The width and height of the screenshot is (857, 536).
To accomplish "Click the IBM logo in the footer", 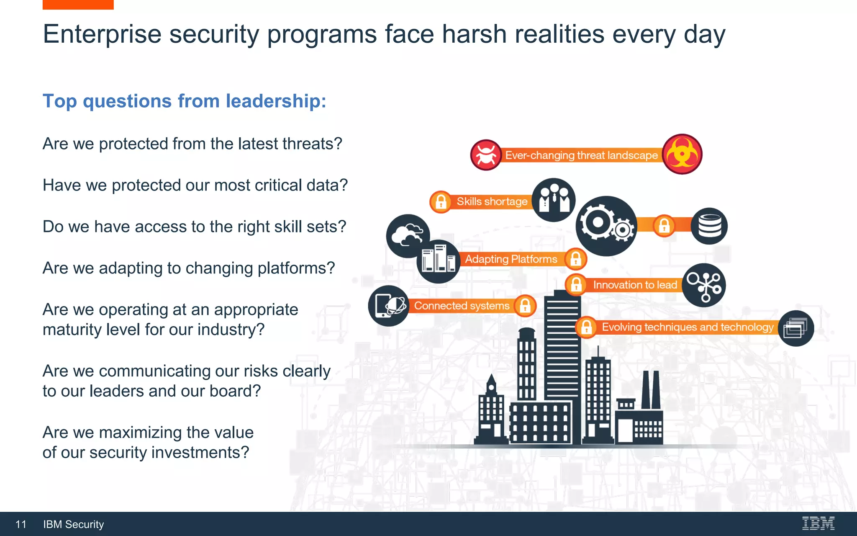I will (x=818, y=523).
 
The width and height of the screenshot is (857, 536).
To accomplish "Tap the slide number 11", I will (x=21, y=524).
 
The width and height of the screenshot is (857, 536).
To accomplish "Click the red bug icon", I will (x=486, y=155).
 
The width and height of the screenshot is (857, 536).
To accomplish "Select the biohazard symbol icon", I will (x=682, y=154).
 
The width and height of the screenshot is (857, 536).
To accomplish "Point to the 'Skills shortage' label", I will (x=492, y=201).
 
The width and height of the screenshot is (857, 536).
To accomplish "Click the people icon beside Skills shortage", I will (x=554, y=200).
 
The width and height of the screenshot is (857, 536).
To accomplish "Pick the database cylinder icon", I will (x=709, y=226).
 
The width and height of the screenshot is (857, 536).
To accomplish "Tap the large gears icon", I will (x=606, y=226).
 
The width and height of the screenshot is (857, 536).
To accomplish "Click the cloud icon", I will (x=407, y=235).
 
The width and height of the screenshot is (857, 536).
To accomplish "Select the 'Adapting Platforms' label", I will (x=511, y=259).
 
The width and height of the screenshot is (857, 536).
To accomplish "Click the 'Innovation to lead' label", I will (x=635, y=285).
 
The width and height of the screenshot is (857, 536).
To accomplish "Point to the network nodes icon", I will (x=704, y=285).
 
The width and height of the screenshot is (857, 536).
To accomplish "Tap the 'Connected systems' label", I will (x=462, y=306).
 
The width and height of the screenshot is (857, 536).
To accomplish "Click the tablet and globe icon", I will (x=389, y=306).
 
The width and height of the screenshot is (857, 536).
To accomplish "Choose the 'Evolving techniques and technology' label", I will (x=688, y=327).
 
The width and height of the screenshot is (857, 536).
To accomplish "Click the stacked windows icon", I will (x=796, y=328).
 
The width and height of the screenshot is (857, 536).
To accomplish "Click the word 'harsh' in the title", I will (x=474, y=34).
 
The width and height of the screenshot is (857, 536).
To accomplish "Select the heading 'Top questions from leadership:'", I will (x=185, y=101).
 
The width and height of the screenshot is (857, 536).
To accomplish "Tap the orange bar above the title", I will (x=78, y=5).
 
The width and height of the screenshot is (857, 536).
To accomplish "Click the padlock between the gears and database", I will (x=664, y=226).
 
